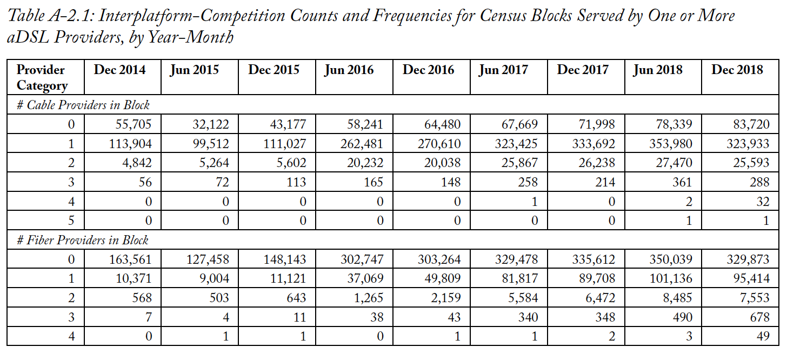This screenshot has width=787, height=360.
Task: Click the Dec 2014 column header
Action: pyautogui.click(x=119, y=70)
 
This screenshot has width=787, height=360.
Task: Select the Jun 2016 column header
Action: pyautogui.click(x=349, y=70)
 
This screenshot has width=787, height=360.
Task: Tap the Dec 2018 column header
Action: pyautogui.click(x=737, y=70)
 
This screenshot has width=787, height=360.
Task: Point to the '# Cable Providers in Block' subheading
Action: pyautogui.click(x=83, y=105)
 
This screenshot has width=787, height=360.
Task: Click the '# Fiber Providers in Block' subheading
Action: pyautogui.click(x=82, y=240)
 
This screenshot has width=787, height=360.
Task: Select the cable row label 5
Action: pyautogui.click(x=71, y=221)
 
